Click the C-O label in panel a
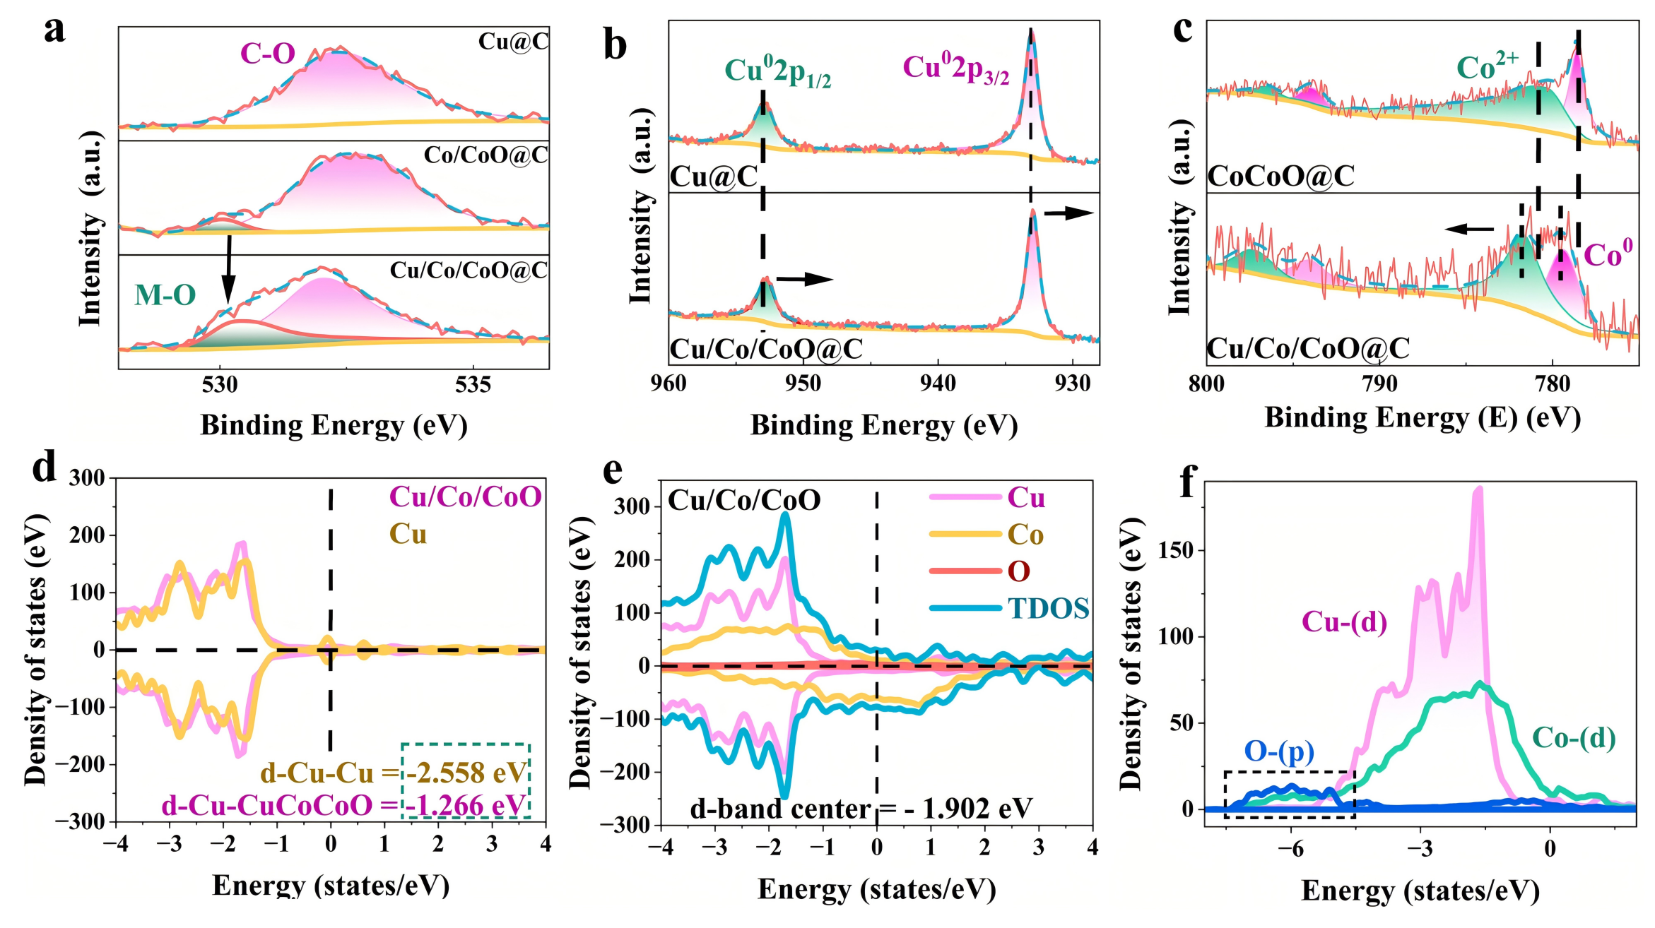pos(268,54)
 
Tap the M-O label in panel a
pos(165,295)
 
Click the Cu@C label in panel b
pos(714,177)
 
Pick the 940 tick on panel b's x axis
pos(938,383)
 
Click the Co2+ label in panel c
pos(1487,66)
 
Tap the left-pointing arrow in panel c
pos(1469,229)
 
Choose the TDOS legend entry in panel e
pos(1049,608)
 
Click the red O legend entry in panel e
pos(1018,571)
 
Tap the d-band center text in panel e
pos(861,809)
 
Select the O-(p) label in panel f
pos(1279,751)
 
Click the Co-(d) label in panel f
pos(1574,738)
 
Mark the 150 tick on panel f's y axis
pos(1175,550)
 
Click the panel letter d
pos(45,468)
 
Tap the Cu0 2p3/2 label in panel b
pos(955,69)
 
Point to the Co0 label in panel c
pos(1608,254)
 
